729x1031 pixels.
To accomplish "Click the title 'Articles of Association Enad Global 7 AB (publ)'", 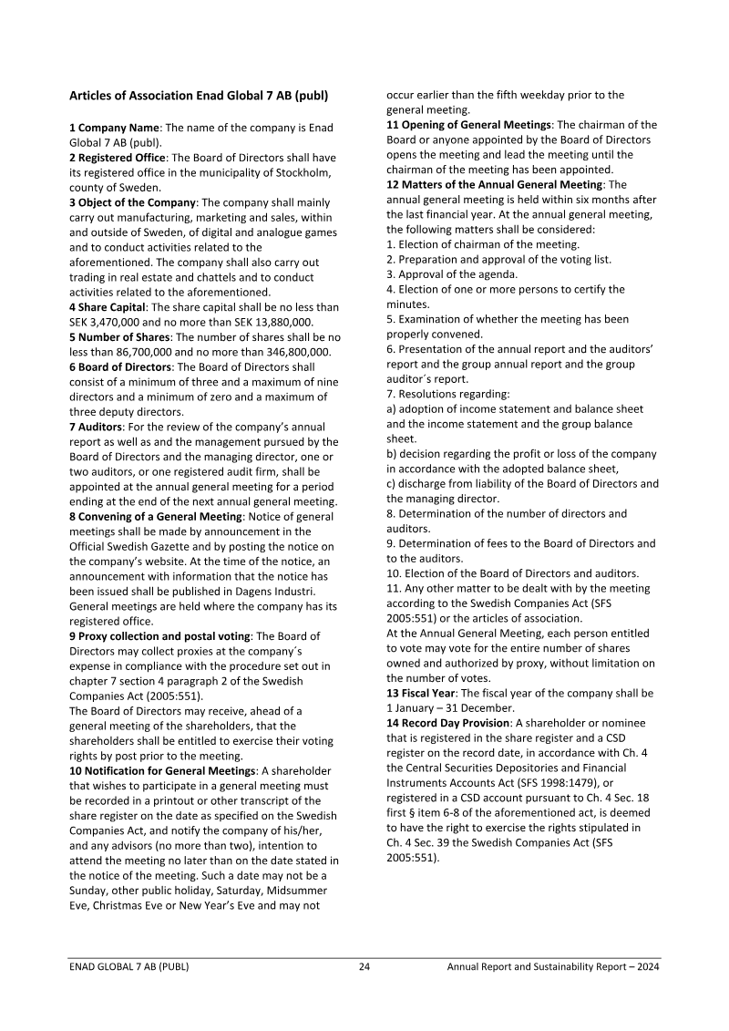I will [199, 95].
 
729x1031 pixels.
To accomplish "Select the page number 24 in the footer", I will [364, 967].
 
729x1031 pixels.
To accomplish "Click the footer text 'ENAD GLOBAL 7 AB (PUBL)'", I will [129, 967].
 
